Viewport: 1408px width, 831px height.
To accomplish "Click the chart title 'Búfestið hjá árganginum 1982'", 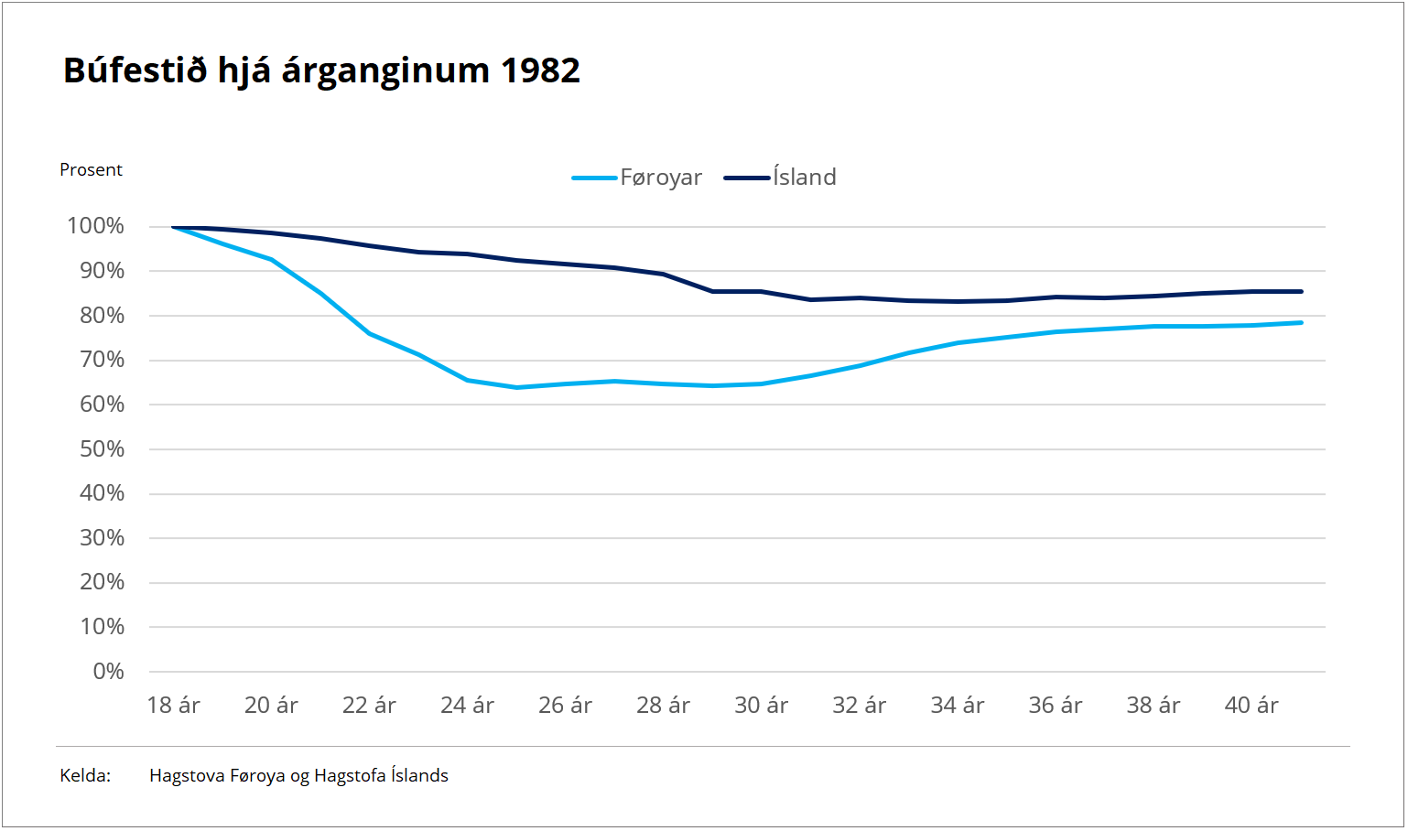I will tap(321, 70).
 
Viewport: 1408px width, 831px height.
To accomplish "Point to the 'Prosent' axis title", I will tap(91, 170).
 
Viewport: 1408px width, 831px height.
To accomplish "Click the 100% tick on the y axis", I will tap(95, 226).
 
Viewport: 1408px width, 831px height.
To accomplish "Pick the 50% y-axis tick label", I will tap(102, 449).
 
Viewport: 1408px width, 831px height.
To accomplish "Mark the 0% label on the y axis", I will tap(108, 672).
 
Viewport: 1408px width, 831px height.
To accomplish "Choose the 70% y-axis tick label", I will tap(102, 360).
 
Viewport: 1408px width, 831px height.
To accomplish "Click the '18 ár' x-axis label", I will tap(173, 706).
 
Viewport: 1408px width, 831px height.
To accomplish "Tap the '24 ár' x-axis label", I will tap(467, 706).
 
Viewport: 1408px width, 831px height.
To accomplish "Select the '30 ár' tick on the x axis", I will tap(761, 706).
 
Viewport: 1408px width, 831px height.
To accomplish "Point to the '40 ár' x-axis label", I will tap(1251, 706).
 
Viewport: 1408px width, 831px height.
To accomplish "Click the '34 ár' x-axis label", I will tap(957, 706).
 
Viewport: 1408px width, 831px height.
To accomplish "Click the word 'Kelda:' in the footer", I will tap(85, 776).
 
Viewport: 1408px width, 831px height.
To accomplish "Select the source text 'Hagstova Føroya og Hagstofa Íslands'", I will tap(298, 776).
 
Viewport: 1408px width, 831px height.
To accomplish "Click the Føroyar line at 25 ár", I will tap(516, 387).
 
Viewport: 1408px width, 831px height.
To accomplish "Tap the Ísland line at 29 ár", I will tap(712, 291).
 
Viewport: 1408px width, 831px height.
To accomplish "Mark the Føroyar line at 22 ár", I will tap(369, 333).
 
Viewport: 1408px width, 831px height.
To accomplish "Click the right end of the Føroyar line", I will tap(1301, 322).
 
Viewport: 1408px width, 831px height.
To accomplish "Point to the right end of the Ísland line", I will tap(1301, 292).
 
